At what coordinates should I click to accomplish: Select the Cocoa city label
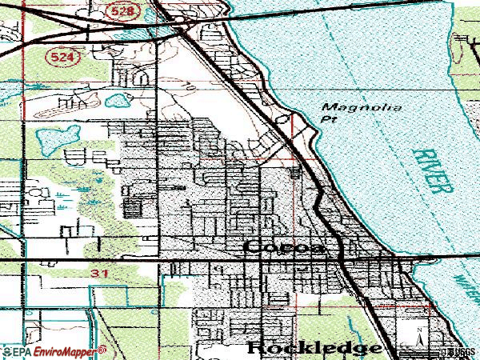pyautogui.click(x=285, y=248)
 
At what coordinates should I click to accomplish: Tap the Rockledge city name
pyautogui.click(x=314, y=348)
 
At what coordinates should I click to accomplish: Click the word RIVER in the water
pyautogui.click(x=433, y=170)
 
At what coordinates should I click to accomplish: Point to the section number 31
pyautogui.click(x=98, y=274)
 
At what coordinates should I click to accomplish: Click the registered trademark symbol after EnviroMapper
pyautogui.click(x=102, y=349)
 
